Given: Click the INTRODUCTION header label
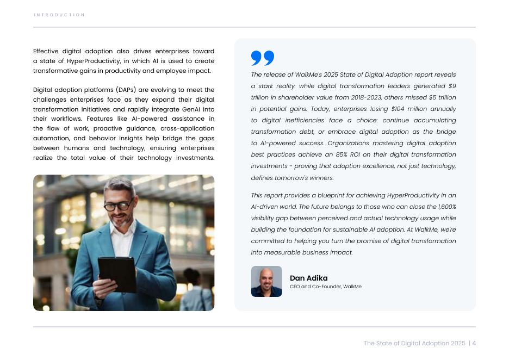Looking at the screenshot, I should click(x=59, y=15).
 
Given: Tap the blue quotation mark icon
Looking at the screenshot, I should click(x=263, y=58).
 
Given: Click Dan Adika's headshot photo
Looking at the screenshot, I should click(x=266, y=281).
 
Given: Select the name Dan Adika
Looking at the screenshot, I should click(x=308, y=278).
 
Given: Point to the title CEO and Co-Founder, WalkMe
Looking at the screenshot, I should click(x=325, y=287).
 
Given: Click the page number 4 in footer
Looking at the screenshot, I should click(x=474, y=343).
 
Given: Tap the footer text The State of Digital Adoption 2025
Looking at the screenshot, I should click(x=414, y=343).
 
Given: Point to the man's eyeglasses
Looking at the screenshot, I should click(x=119, y=206).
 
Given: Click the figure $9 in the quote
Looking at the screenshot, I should click(x=452, y=86).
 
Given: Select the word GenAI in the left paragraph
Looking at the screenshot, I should click(x=192, y=109).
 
